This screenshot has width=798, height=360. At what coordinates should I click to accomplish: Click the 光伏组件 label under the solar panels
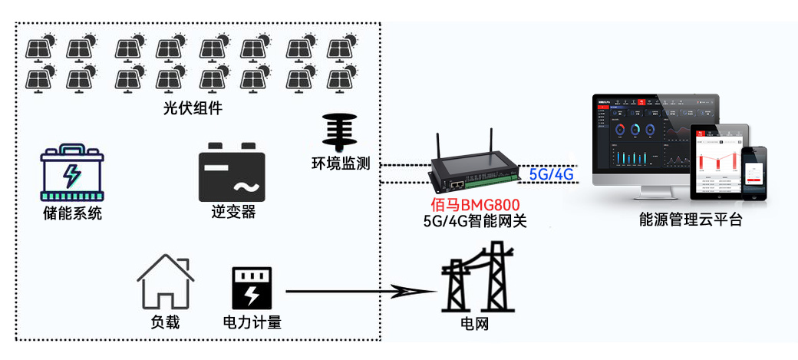[x=193, y=108]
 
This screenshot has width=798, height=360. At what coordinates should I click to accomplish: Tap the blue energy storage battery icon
[x=71, y=173]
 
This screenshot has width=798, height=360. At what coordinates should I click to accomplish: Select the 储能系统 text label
[x=72, y=213]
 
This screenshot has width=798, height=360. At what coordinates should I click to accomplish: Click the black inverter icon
[x=232, y=172]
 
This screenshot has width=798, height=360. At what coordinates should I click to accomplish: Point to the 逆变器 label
[x=233, y=213]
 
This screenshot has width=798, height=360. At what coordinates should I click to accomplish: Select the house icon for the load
[x=165, y=281]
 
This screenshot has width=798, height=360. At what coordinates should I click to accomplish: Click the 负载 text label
[x=165, y=322]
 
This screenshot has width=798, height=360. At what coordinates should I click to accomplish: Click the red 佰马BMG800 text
[x=475, y=205]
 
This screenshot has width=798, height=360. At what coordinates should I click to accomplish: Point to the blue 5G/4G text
[x=551, y=174]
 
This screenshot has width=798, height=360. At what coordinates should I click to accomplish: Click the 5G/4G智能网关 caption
[x=475, y=221]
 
